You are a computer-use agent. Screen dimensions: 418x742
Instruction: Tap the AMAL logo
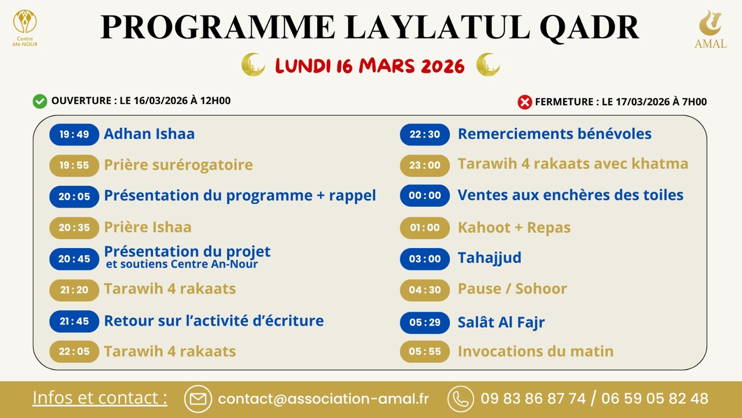(710, 29)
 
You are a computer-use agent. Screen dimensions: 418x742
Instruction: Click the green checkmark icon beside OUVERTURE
(40, 101)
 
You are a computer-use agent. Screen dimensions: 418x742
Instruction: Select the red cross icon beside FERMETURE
(524, 102)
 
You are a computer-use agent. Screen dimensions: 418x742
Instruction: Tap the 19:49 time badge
(74, 134)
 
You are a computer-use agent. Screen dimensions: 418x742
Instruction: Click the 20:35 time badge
(74, 228)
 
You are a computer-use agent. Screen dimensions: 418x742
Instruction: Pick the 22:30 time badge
(425, 134)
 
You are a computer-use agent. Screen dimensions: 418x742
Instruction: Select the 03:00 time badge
(425, 259)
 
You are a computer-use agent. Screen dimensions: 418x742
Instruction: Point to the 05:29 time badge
(425, 322)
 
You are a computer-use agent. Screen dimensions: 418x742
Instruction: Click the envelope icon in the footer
(198, 399)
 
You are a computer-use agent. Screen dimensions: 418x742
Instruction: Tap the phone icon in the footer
(460, 399)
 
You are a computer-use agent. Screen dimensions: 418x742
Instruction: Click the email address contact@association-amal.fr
(323, 399)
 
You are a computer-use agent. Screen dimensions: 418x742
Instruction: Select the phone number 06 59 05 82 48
(655, 399)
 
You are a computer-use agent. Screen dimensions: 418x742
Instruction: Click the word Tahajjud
(489, 258)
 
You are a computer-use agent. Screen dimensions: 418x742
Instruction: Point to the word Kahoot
(484, 228)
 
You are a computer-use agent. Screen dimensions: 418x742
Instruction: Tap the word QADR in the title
(589, 28)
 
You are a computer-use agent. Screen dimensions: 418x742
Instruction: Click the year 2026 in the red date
(442, 66)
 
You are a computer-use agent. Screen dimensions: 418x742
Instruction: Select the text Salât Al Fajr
(501, 322)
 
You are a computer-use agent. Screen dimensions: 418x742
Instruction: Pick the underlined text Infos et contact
(100, 398)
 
